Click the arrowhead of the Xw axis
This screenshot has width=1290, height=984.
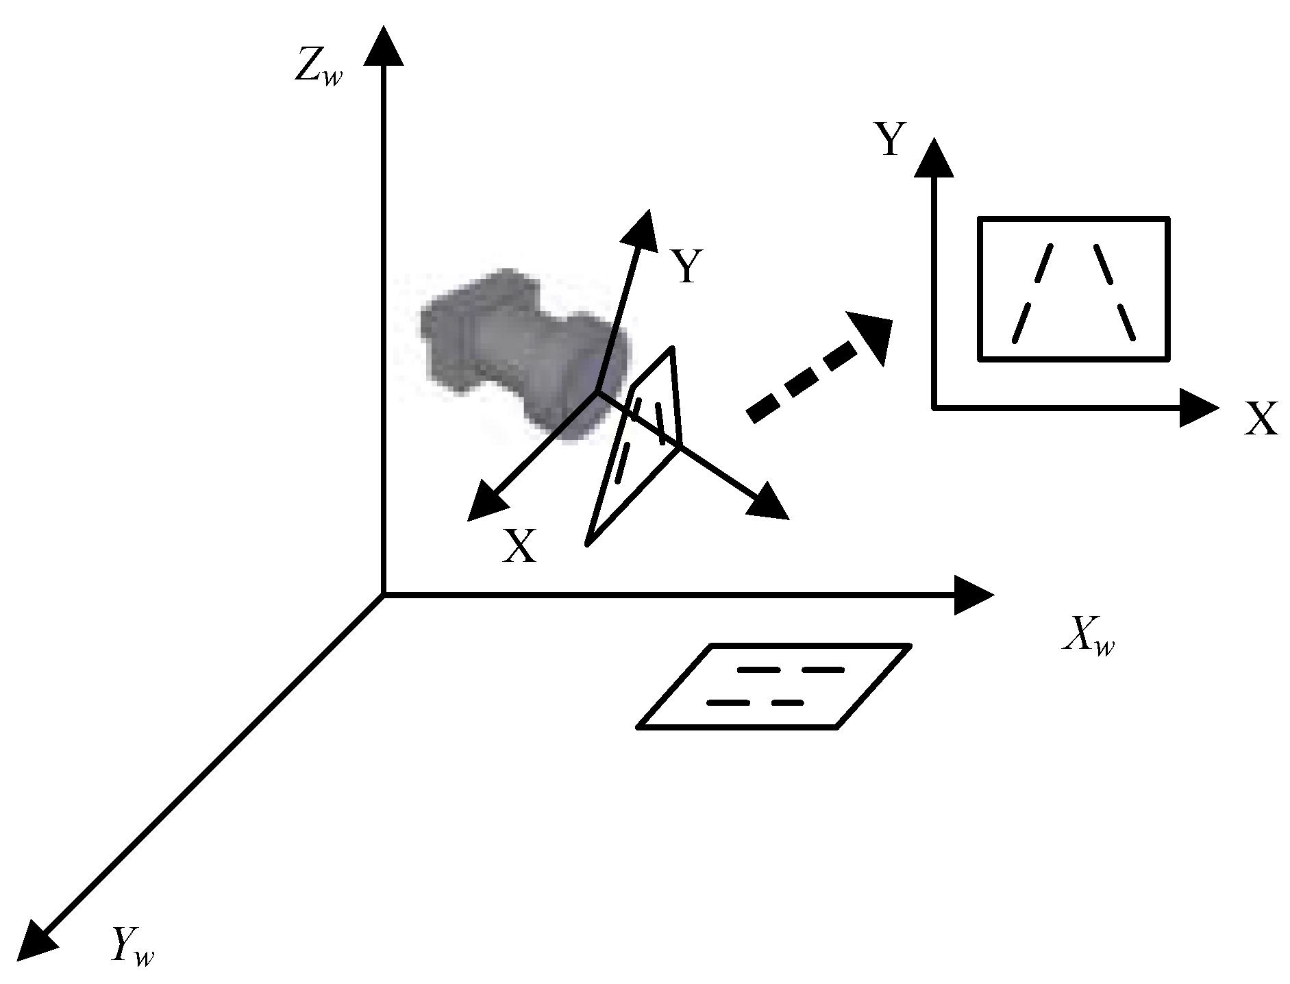click(x=973, y=595)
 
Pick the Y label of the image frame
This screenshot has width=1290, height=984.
click(x=890, y=140)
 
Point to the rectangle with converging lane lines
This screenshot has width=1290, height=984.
click(x=1073, y=288)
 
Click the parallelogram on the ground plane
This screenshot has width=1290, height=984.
click(x=774, y=686)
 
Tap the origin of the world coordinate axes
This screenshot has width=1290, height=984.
click(x=383, y=595)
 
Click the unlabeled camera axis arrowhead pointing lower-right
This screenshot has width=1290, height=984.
click(x=767, y=504)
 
